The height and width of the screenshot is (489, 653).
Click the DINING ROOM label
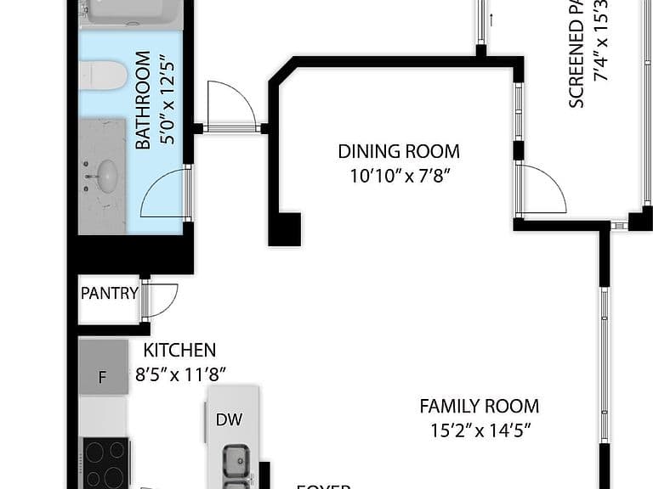tap(398, 151)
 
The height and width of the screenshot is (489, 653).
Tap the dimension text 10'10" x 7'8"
tap(398, 177)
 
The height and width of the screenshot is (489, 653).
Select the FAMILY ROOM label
tap(479, 406)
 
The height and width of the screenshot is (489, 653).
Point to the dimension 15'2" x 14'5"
tap(480, 430)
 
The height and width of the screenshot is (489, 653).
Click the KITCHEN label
tap(179, 350)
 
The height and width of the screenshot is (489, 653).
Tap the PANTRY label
tap(109, 294)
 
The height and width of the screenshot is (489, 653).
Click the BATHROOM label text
tap(143, 100)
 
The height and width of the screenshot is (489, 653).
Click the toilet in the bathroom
tap(103, 75)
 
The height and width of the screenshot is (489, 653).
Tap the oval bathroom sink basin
tap(106, 176)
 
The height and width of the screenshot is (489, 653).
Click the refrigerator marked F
tap(103, 367)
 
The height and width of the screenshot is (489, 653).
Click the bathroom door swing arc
tap(164, 193)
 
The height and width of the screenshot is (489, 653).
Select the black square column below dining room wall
tap(285, 228)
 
